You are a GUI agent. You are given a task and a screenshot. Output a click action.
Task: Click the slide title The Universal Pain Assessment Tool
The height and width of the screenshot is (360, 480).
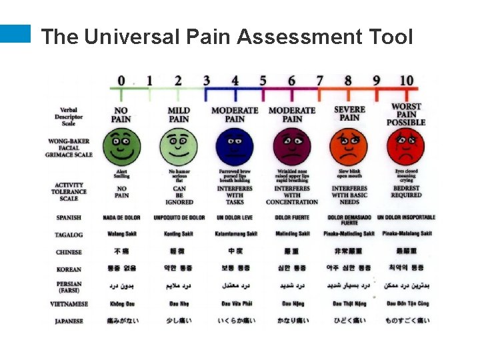pyautogui.click(x=227, y=37)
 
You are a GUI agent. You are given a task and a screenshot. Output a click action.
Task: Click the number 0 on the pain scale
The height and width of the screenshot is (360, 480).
pyautogui.click(x=121, y=81)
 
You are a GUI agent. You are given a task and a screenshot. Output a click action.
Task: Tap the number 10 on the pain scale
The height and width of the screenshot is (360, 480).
pyautogui.click(x=406, y=81)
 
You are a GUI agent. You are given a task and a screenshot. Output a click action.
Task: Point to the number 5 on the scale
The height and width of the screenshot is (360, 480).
pyautogui.click(x=263, y=81)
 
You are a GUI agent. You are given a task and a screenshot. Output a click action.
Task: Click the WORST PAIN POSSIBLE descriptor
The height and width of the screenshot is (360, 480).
pyautogui.click(x=406, y=115)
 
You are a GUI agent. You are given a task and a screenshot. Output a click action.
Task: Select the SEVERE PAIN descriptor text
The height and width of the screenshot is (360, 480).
pyautogui.click(x=349, y=113)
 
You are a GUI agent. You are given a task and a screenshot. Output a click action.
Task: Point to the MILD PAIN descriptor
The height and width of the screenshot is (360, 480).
pyautogui.click(x=178, y=115)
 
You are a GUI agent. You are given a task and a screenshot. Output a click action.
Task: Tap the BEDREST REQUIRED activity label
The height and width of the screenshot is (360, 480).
pyautogui.click(x=406, y=192)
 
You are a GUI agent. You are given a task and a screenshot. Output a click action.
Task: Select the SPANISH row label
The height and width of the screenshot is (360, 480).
pyautogui.click(x=69, y=217)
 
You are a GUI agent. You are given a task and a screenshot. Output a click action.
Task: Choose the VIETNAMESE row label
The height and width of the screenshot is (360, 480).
pyautogui.click(x=69, y=304)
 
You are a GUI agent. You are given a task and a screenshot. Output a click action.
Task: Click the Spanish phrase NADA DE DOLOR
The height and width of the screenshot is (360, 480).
pyautogui.click(x=121, y=217)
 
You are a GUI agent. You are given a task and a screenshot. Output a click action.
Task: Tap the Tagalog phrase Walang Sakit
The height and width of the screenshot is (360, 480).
pyautogui.click(x=121, y=234)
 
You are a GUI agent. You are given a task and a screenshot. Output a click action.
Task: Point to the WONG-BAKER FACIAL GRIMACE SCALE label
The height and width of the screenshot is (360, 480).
pyautogui.click(x=69, y=148)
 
